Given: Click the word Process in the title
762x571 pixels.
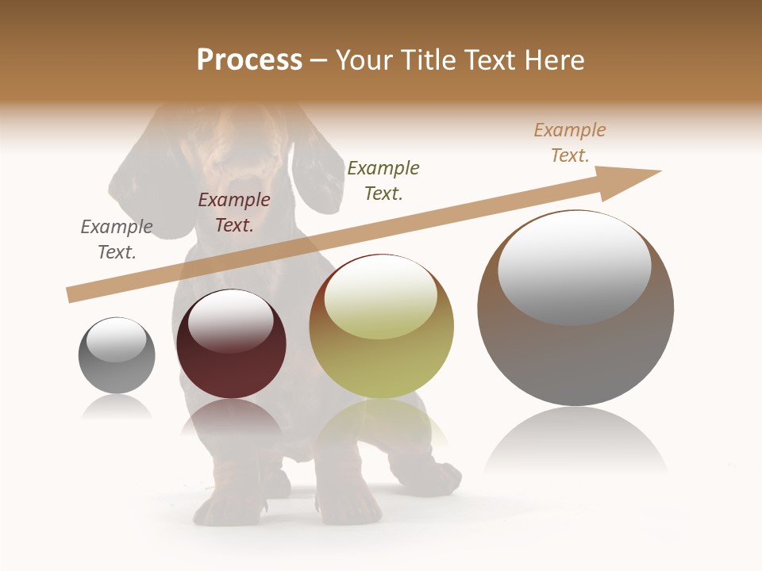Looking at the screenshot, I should (249, 60).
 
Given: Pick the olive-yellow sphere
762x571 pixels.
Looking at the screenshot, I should (382, 349).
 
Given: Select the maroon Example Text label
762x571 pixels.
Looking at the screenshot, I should (234, 213).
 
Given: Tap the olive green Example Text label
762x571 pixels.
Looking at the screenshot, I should (383, 181).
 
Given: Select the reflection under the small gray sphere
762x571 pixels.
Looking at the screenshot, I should (117, 406).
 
